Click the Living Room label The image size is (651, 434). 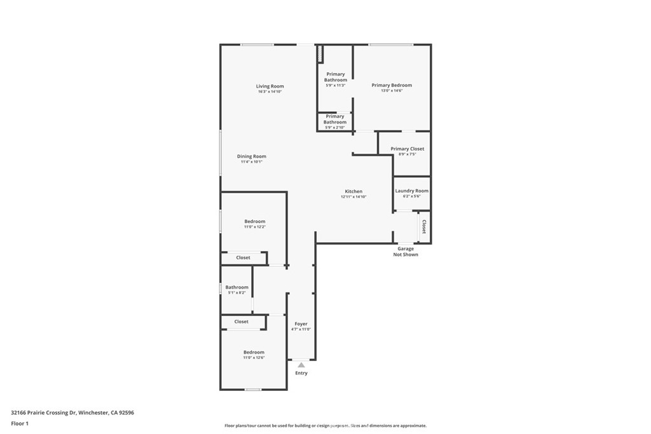pyautogui.click(x=270, y=86)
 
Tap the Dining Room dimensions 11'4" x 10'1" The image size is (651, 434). pyautogui.click(x=251, y=162)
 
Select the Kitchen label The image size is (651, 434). pyautogui.click(x=353, y=191)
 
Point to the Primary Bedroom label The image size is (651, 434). pyautogui.click(x=392, y=85)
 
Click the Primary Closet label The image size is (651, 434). pyautogui.click(x=407, y=149)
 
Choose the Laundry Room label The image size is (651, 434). pyautogui.click(x=411, y=191)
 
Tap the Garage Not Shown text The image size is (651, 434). pyautogui.click(x=406, y=252)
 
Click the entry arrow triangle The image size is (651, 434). pyautogui.click(x=301, y=365)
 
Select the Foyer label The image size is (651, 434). pyautogui.click(x=301, y=324)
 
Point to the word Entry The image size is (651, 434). pyautogui.click(x=301, y=373)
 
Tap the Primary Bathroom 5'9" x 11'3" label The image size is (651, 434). pyautogui.click(x=336, y=77)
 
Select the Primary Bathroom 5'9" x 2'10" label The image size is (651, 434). pyautogui.click(x=335, y=119)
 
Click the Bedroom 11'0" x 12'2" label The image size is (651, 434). pyautogui.click(x=254, y=221)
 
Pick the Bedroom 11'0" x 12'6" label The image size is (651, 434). pyautogui.click(x=254, y=352)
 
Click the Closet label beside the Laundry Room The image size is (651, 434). pyautogui.click(x=424, y=227)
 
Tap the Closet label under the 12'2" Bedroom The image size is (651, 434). pyautogui.click(x=243, y=258)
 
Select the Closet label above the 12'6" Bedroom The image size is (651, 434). pyautogui.click(x=242, y=322)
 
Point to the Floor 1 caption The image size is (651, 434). pyautogui.click(x=20, y=423)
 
